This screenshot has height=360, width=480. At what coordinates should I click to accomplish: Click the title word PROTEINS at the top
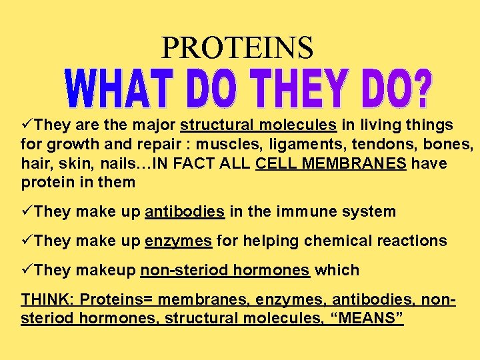tap(237, 47)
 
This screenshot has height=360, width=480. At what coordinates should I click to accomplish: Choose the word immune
tap(305, 212)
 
